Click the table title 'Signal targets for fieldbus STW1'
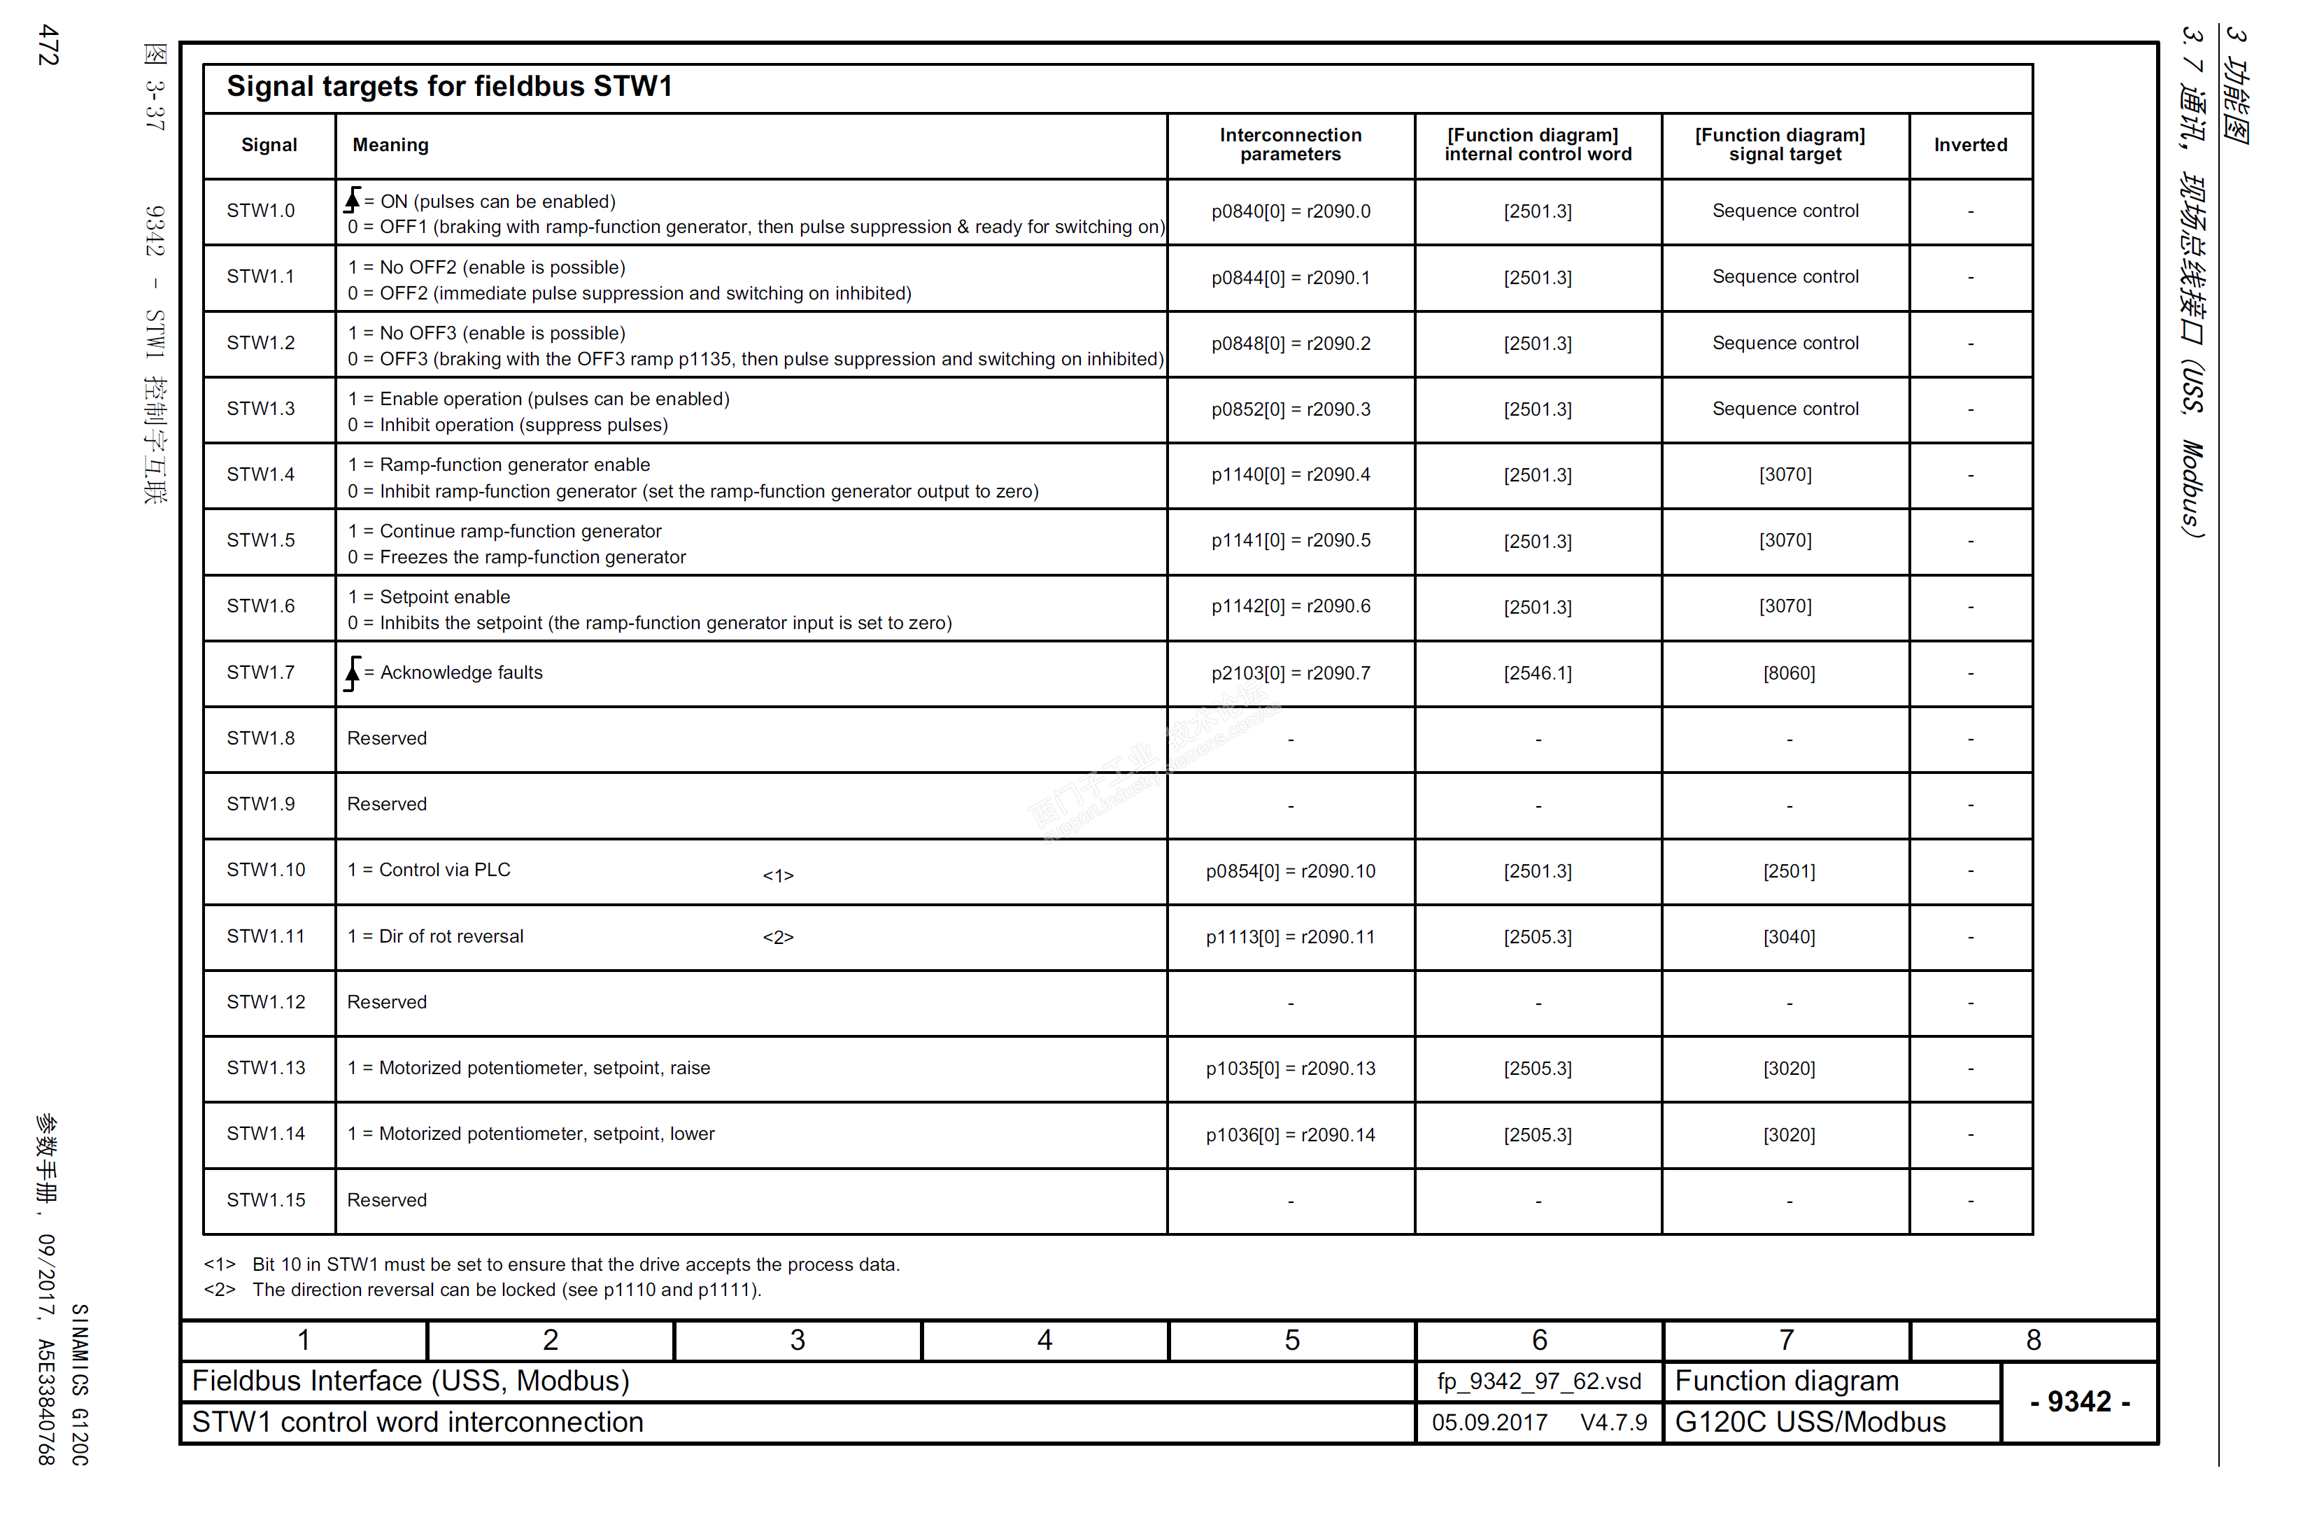tap(448, 86)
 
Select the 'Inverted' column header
tap(1969, 145)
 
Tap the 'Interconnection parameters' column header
tap(1290, 145)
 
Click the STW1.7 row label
tap(260, 672)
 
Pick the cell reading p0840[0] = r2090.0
tap(1290, 211)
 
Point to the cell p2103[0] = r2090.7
tap(1290, 672)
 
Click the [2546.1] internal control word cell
tap(1538, 672)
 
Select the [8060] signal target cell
tap(1788, 672)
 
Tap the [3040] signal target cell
tap(1788, 937)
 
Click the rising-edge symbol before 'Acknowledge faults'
tap(353, 672)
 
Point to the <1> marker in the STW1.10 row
tap(777, 875)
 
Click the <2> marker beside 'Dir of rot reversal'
tap(777, 938)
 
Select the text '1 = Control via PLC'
tap(429, 870)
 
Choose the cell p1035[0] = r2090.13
tap(1290, 1069)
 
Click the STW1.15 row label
tap(266, 1199)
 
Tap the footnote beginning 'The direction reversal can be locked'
tap(506, 1289)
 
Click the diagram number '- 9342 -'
tap(2079, 1401)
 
